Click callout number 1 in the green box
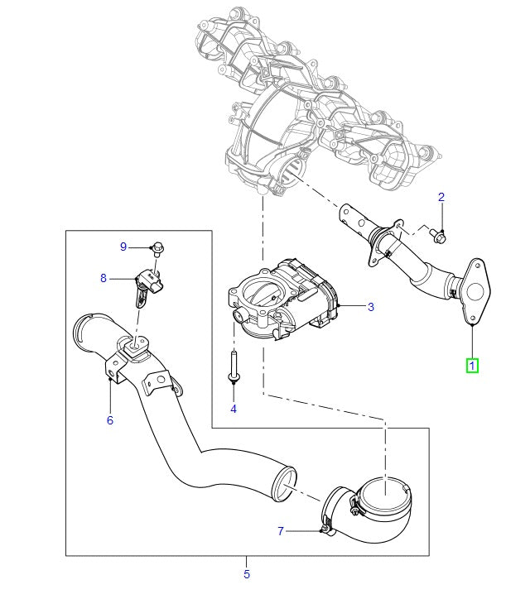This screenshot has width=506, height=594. pyautogui.click(x=471, y=364)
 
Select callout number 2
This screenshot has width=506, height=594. pyautogui.click(x=441, y=197)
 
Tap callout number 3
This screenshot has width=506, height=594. pyautogui.click(x=371, y=307)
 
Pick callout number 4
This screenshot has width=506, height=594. pyautogui.click(x=233, y=410)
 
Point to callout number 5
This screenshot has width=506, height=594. pyautogui.click(x=246, y=573)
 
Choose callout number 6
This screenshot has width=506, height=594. pyautogui.click(x=109, y=420)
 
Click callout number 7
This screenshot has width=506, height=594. pyautogui.click(x=280, y=530)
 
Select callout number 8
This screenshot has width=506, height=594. pyautogui.click(x=104, y=279)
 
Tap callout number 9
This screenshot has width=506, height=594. pyautogui.click(x=123, y=247)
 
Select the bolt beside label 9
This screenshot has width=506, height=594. pyautogui.click(x=157, y=247)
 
